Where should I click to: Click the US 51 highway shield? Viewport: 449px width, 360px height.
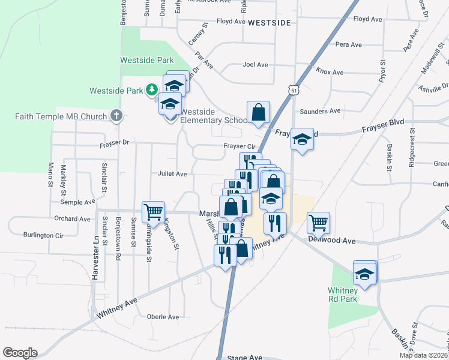(x=293, y=89)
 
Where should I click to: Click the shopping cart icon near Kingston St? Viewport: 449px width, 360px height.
(x=153, y=211)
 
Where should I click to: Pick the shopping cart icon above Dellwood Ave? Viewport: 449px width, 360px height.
(x=318, y=222)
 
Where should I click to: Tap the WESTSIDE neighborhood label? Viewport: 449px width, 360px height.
(x=269, y=23)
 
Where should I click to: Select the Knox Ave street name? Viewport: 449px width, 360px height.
(x=330, y=72)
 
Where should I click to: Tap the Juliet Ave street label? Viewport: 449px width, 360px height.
(x=172, y=174)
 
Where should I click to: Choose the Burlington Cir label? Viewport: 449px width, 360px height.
(x=43, y=235)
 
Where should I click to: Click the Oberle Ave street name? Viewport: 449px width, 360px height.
(x=163, y=316)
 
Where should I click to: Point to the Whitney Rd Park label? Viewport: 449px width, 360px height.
(x=342, y=294)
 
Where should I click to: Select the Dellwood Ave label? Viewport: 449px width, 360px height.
(x=332, y=241)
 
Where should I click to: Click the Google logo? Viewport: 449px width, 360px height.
(x=20, y=352)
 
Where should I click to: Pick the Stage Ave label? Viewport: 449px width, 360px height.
(x=245, y=358)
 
